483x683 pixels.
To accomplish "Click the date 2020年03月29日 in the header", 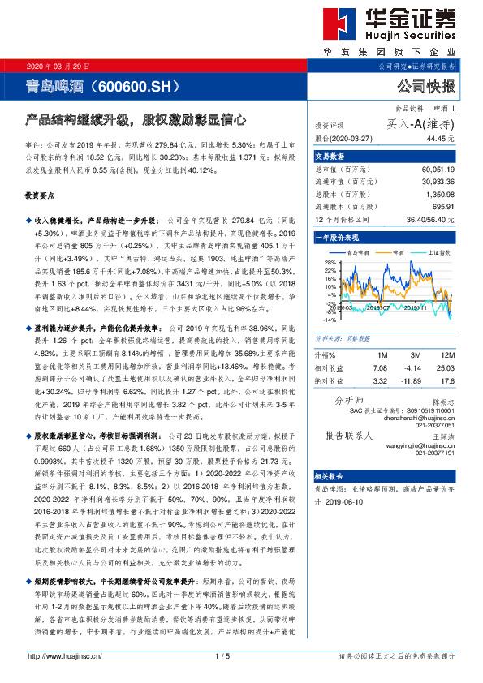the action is (x=58, y=66).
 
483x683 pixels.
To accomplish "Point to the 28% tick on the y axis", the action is (x=329, y=263).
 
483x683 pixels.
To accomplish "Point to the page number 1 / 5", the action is (x=241, y=656).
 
